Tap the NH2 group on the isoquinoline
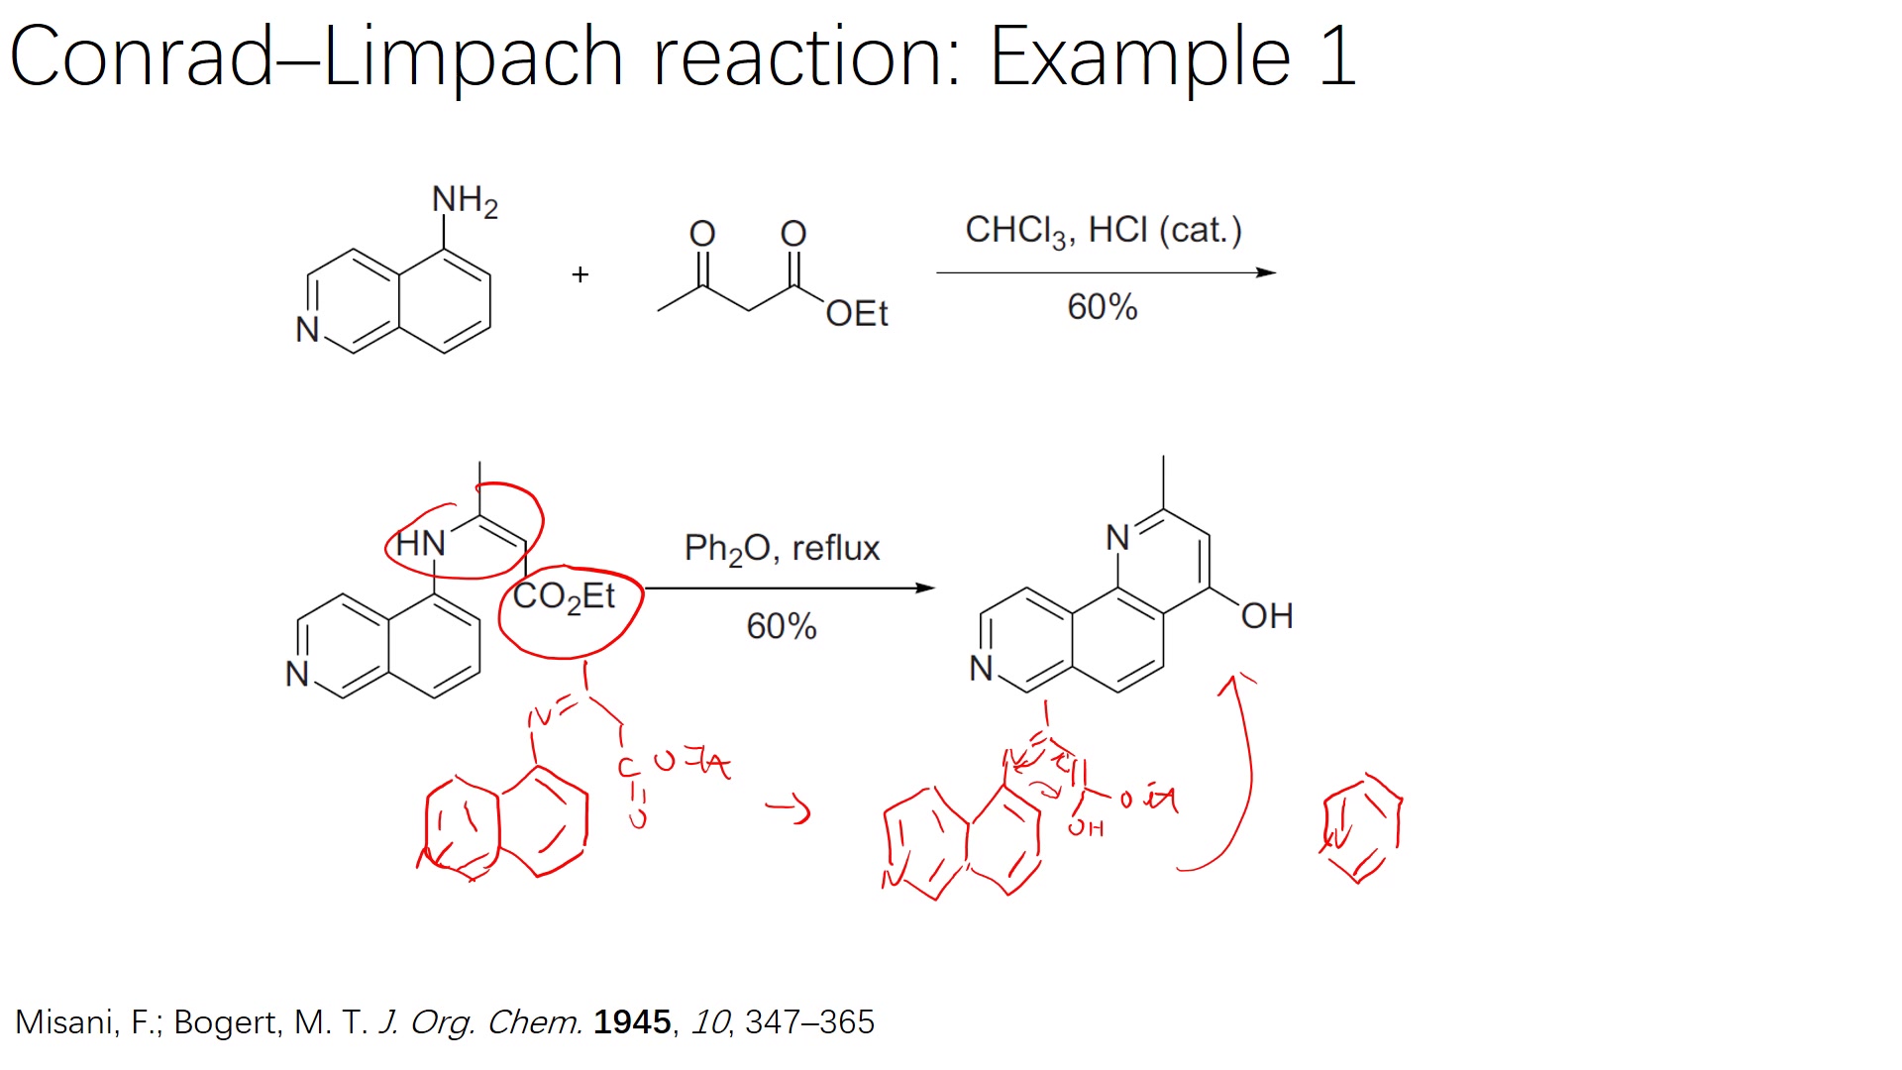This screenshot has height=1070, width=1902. click(x=464, y=201)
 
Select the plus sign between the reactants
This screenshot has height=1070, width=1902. click(x=581, y=274)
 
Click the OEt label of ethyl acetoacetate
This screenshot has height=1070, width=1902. click(x=856, y=314)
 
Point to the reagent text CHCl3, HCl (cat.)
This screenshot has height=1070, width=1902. click(x=1103, y=231)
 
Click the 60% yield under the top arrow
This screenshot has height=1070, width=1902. click(x=1102, y=307)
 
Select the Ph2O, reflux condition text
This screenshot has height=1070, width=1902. click(x=782, y=549)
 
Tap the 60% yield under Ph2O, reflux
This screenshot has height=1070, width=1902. click(x=781, y=626)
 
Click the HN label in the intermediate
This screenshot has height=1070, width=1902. click(x=420, y=543)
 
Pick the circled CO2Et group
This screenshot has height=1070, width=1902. click(x=564, y=597)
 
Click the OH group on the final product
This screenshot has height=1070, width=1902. click(x=1266, y=616)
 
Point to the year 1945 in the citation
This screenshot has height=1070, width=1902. click(x=632, y=1021)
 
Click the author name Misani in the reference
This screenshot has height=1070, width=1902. click(x=62, y=1021)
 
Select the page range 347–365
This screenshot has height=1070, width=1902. click(x=809, y=1021)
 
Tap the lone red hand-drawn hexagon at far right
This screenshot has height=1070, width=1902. click(x=1362, y=828)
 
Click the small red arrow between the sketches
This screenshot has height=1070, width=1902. click(x=789, y=809)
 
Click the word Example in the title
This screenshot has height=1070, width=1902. click(x=1139, y=57)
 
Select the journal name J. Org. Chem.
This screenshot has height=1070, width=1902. click(x=480, y=1021)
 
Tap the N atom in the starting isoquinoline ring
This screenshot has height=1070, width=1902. click(x=307, y=329)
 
